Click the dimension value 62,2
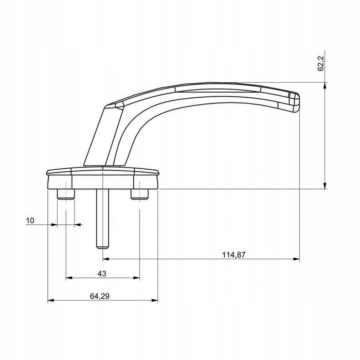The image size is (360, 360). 321,64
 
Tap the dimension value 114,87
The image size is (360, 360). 233,255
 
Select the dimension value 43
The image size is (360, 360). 102,274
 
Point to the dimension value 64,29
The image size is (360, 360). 100,296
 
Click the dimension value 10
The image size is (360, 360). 30,221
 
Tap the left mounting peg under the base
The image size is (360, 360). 66,194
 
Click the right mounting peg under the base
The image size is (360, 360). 139,194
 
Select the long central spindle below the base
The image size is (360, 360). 102,219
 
